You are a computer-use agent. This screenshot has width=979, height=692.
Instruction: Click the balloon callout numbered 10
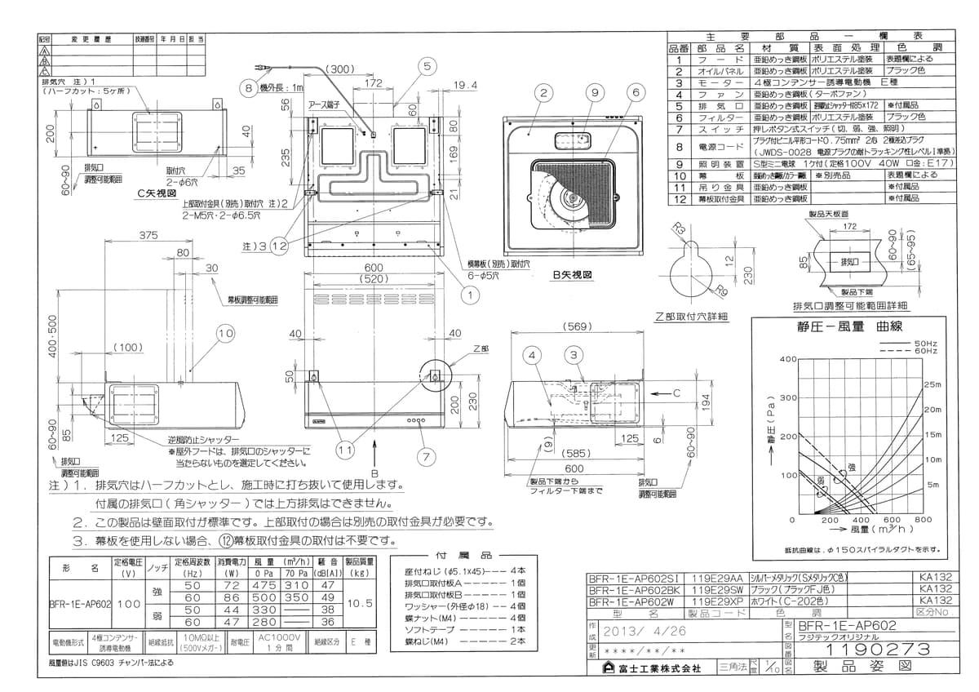tap(226, 333)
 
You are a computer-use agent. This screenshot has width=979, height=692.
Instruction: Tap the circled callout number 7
tap(423, 456)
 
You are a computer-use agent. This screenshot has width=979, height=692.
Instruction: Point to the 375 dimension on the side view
tap(148, 236)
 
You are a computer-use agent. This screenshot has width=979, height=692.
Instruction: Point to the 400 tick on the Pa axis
tap(787, 359)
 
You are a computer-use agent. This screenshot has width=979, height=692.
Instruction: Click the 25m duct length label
tap(932, 384)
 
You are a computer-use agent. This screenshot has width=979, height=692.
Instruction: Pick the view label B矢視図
tap(571, 276)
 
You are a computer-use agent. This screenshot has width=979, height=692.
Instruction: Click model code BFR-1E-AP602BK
tap(634, 588)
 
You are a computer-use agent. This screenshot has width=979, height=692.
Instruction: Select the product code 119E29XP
tap(717, 601)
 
